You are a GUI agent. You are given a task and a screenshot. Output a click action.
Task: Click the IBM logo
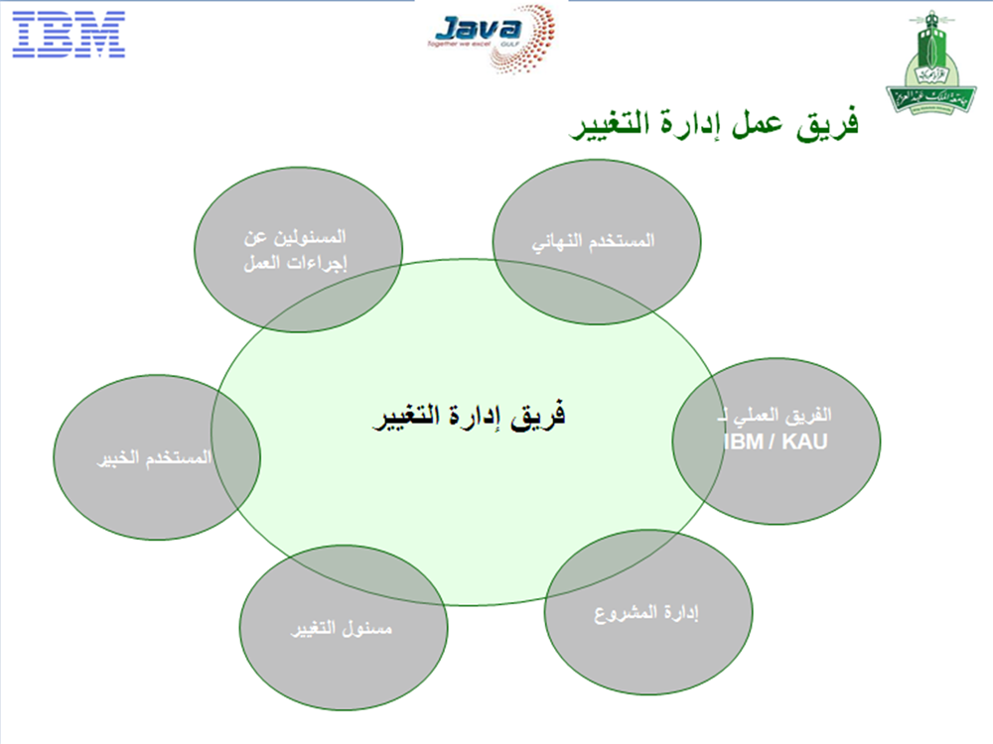click(x=69, y=34)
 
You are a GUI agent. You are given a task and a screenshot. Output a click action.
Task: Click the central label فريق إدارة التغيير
click(x=469, y=417)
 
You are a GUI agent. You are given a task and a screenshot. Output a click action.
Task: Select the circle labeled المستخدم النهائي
click(x=597, y=242)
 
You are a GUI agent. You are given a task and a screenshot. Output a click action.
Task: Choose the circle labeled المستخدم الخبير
click(x=157, y=456)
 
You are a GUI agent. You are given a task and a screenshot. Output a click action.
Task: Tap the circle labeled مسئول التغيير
click(x=344, y=628)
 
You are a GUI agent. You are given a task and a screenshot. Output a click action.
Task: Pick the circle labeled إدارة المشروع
click(x=648, y=612)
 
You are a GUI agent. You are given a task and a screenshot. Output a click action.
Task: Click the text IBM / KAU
click(x=776, y=441)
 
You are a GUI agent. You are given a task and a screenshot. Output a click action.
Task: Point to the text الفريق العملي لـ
click(x=774, y=416)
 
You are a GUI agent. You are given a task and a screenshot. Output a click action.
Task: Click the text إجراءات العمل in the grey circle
click(x=296, y=263)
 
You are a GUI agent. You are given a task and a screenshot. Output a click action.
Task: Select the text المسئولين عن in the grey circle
click(x=295, y=237)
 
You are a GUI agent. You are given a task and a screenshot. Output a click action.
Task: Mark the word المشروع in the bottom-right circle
click(x=625, y=613)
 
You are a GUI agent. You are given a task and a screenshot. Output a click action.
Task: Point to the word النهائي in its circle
click(x=557, y=242)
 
